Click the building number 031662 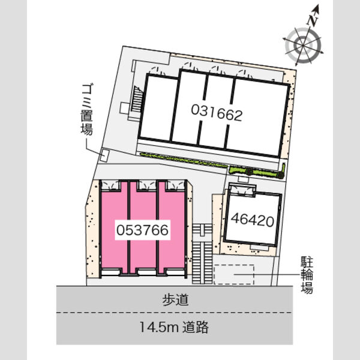pos(217,112)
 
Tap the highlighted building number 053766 pos(142,230)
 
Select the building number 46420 pos(253,220)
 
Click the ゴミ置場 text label pos(87,110)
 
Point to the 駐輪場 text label pos(307,275)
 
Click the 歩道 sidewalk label pos(175,300)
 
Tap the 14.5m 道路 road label pos(174,327)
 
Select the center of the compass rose pos(302,46)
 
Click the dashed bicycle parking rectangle pos(234,274)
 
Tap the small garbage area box pos(104,155)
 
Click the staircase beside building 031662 pos(137,100)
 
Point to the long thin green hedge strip pos(184,160)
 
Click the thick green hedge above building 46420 pos(257,172)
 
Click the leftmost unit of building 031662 pos(158,107)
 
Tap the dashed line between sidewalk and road pos(174,313)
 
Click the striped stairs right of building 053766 pos(202,254)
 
